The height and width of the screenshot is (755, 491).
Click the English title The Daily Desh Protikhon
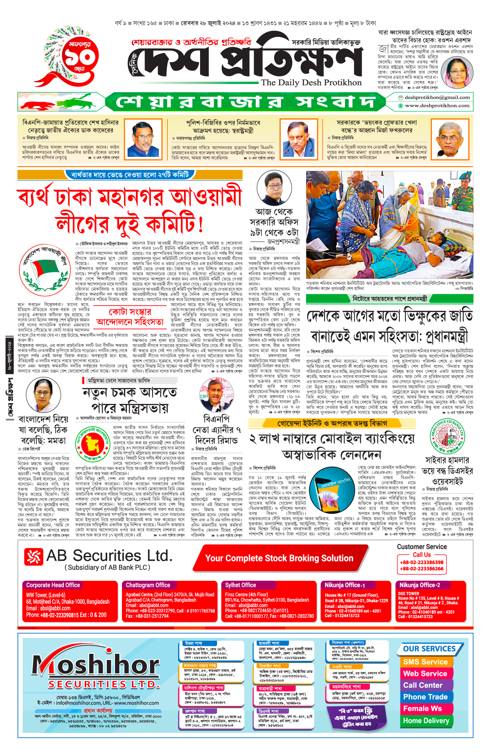click(x=311, y=83)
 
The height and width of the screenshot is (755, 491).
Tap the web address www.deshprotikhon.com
click(x=437, y=106)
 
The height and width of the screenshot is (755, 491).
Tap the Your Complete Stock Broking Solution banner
click(x=279, y=558)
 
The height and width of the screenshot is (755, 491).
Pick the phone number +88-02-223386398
click(x=421, y=562)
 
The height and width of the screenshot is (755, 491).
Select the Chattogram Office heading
click(x=148, y=585)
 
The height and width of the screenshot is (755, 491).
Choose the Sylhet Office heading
click(x=241, y=585)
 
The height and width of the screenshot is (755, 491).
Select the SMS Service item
click(x=425, y=662)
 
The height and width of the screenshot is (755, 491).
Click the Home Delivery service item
click(x=426, y=721)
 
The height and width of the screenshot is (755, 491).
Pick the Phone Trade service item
click(x=425, y=697)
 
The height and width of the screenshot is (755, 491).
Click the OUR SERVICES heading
click(x=429, y=649)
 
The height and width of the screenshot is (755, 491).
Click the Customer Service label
click(x=421, y=546)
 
